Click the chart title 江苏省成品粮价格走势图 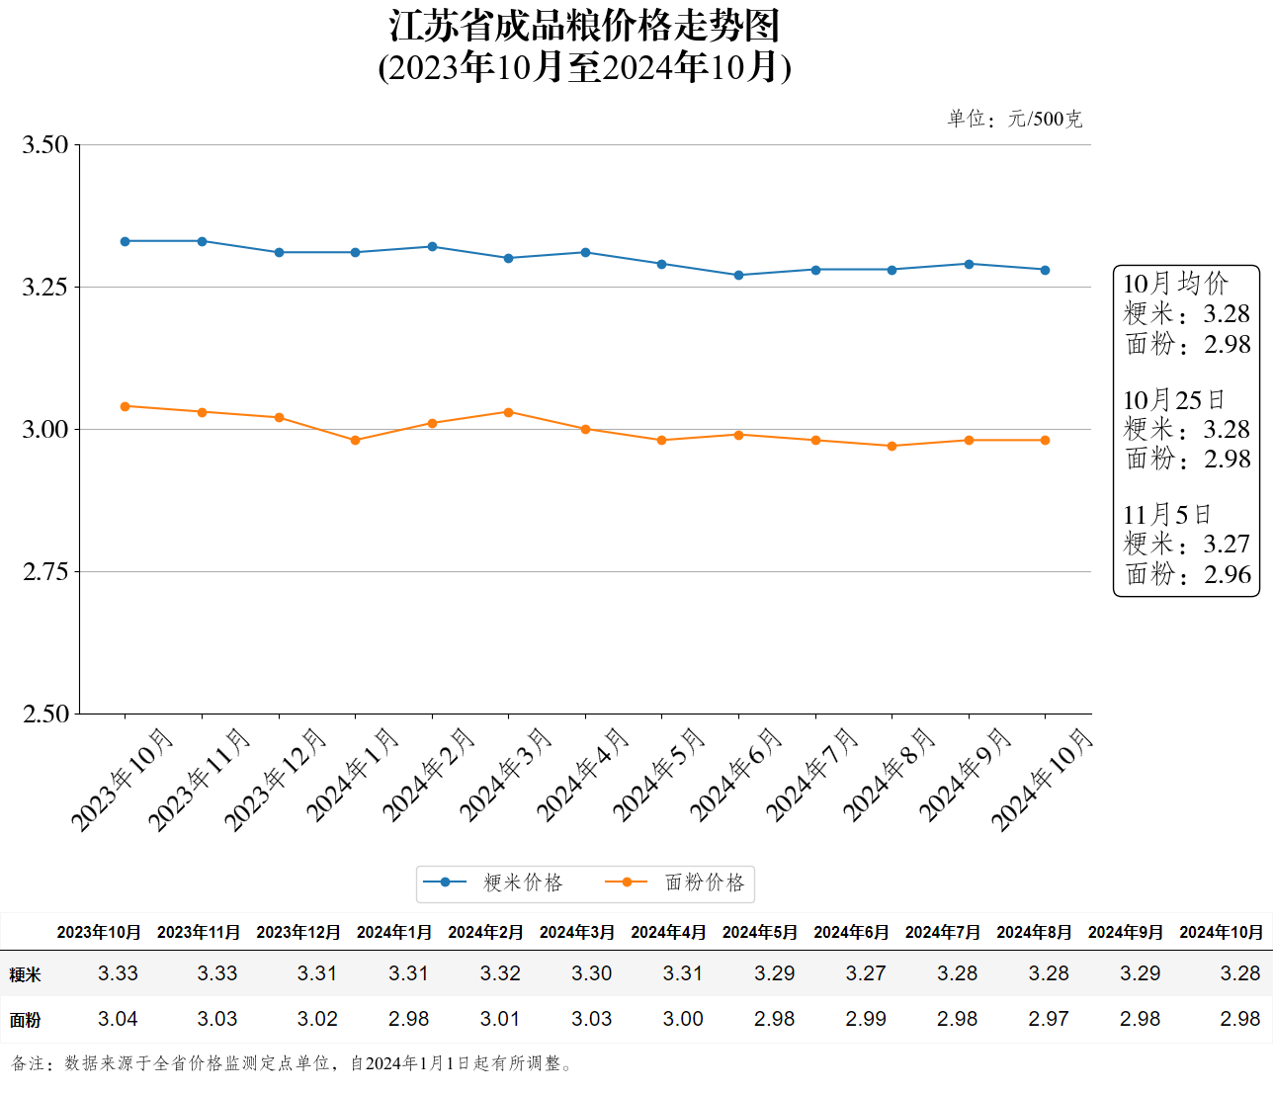click(584, 26)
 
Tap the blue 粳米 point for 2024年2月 click(432, 247)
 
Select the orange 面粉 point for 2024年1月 click(355, 441)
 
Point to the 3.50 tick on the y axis click(45, 145)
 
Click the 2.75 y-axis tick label click(45, 572)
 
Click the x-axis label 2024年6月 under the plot click(736, 776)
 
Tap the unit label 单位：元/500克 click(1014, 120)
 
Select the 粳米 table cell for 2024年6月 click(866, 973)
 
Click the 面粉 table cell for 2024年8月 click(1049, 1019)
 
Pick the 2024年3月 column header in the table click(577, 932)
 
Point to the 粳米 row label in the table click(26, 974)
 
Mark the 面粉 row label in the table click(26, 1020)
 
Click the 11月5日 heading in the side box click(1167, 515)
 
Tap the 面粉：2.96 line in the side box click(1188, 574)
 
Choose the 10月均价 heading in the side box click(1175, 284)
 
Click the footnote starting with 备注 click(293, 1063)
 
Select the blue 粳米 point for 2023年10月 click(126, 241)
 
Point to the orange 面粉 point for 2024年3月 click(509, 412)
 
